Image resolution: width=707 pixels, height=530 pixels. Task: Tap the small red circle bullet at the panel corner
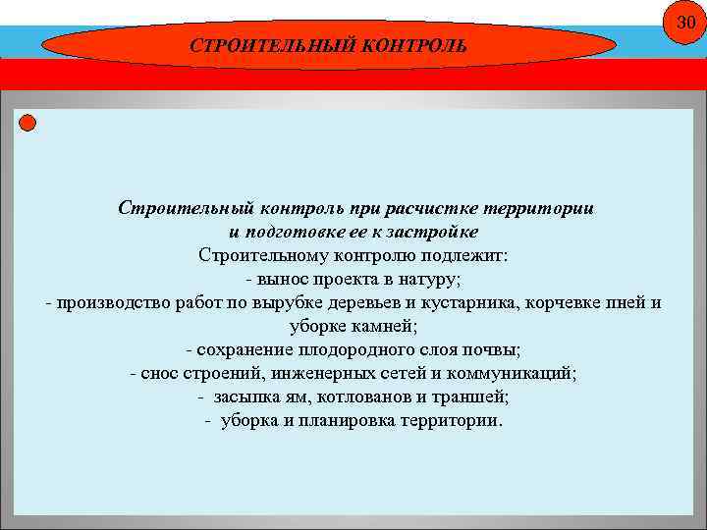(27, 123)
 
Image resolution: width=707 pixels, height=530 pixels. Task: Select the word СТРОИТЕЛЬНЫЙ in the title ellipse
(258, 46)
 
